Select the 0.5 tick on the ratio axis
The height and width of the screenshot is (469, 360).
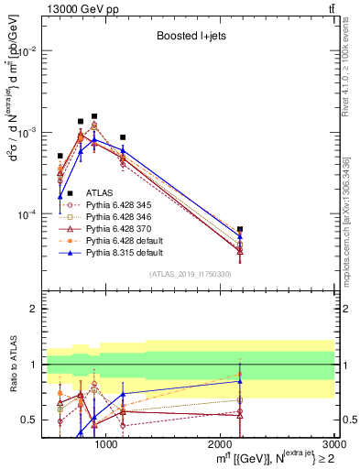click(x=29, y=420)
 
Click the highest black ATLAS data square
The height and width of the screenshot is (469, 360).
click(x=93, y=116)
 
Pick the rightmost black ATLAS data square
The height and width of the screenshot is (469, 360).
click(x=240, y=229)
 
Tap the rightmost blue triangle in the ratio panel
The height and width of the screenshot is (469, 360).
click(x=240, y=381)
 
